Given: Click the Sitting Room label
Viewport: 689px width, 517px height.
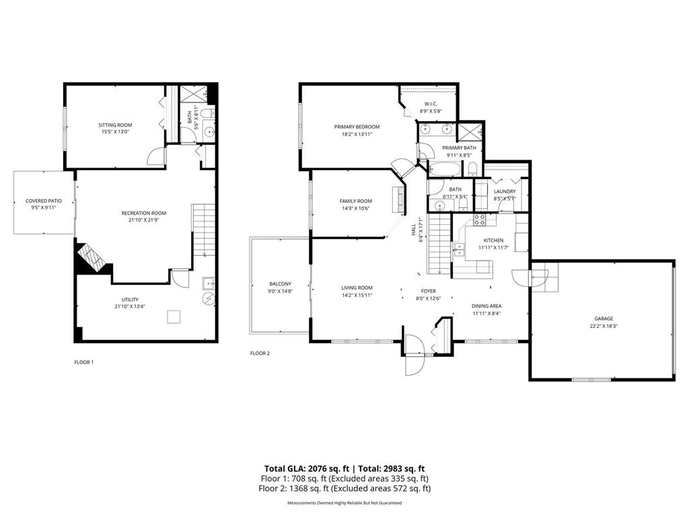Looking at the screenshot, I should point(115,125).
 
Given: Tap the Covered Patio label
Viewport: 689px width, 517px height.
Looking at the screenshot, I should point(44,201).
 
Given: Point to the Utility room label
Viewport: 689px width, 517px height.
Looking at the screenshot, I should point(130,299).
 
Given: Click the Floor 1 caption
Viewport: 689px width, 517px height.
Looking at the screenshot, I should point(83,362).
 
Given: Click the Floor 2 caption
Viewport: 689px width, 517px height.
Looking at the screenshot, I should point(260,353).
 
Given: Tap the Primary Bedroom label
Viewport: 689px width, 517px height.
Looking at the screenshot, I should point(357,127).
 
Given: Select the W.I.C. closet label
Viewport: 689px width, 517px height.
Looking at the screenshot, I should point(431,104).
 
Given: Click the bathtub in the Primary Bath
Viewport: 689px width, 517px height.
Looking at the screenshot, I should point(445,169).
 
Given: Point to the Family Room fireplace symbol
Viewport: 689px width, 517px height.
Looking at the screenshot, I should point(398,200).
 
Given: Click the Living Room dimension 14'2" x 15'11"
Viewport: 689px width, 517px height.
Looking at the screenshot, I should point(357,295).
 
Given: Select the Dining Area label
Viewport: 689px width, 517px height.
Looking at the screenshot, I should point(486,306).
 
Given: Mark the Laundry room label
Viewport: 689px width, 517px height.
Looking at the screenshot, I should point(504,191).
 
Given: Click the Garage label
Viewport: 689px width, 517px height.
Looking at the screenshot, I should point(603,318).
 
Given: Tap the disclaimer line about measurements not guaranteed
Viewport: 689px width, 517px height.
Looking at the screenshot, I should point(344,503).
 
